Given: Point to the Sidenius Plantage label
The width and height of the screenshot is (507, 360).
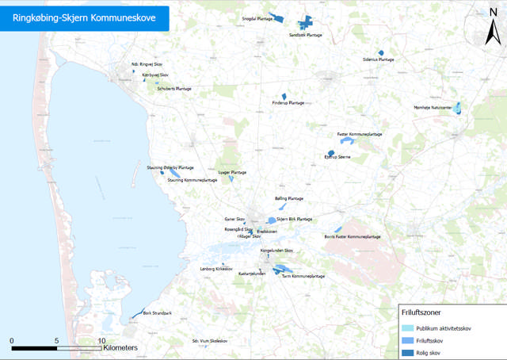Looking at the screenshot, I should click(x=378, y=59).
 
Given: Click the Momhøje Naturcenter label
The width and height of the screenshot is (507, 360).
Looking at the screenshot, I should click(x=433, y=107).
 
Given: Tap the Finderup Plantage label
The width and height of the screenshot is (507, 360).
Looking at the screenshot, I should click(x=288, y=102).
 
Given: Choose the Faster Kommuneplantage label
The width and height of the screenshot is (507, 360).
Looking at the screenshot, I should click(x=360, y=134).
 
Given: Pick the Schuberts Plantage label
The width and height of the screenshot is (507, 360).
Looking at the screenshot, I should click(x=173, y=89).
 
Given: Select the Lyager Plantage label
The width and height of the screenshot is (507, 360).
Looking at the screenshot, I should click(x=232, y=172).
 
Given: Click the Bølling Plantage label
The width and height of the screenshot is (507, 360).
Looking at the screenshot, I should click(x=289, y=198).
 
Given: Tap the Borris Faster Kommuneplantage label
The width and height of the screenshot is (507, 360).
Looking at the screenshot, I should click(x=353, y=236).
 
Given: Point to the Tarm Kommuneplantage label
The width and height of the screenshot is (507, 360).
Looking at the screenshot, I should click(x=303, y=276).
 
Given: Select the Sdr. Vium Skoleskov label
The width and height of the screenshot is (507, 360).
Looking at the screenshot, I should click(x=210, y=341).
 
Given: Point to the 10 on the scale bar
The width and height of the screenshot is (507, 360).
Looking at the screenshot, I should click(x=101, y=340).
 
